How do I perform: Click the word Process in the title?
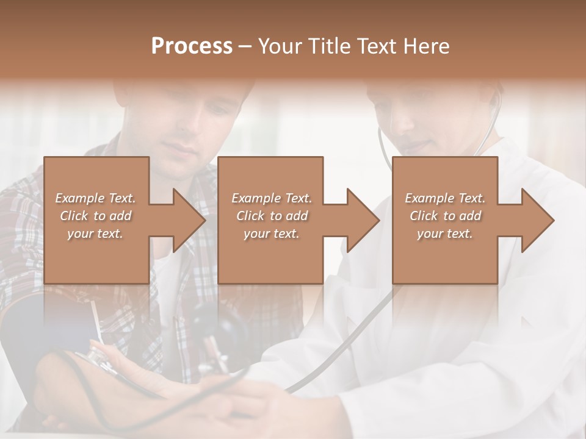[x=192, y=46]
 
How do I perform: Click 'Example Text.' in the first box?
[x=96, y=198]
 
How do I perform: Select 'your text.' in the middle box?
[x=272, y=234]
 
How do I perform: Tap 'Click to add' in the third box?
[x=445, y=216]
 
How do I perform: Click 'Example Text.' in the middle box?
[x=272, y=198]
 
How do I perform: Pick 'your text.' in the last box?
[x=445, y=234]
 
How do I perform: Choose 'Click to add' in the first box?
[x=96, y=216]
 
